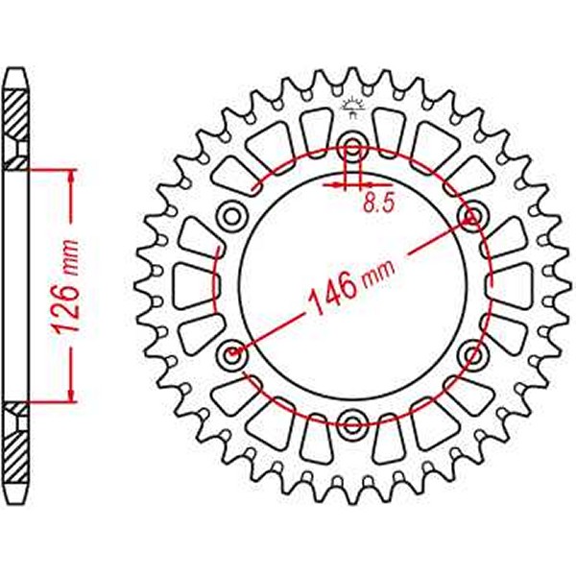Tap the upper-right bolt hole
[x=471, y=212]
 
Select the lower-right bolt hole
[x=471, y=356]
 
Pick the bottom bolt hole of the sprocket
[x=351, y=423]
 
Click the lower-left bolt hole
[x=231, y=356]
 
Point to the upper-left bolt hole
[x=231, y=212]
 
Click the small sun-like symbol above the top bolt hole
[x=351, y=108]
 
